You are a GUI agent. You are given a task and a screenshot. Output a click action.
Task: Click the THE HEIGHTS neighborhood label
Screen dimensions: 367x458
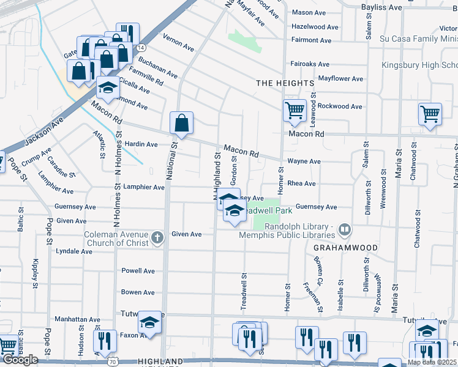[x=285, y=83]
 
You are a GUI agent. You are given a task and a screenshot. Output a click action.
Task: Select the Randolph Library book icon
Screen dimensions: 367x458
[x=345, y=230]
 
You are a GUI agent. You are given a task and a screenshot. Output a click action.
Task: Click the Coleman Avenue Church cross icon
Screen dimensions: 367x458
[x=157, y=238]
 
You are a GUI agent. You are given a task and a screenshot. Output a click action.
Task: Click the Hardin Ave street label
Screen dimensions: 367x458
[x=141, y=144]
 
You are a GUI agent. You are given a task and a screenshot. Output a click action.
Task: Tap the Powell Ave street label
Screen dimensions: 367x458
[x=138, y=271]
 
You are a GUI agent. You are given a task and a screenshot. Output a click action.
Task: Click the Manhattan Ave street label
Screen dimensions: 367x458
[x=78, y=319]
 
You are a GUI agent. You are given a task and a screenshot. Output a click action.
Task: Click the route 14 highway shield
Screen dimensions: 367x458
[x=141, y=47]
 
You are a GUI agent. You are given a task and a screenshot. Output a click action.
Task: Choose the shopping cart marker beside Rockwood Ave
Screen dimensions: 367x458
[x=295, y=111]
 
